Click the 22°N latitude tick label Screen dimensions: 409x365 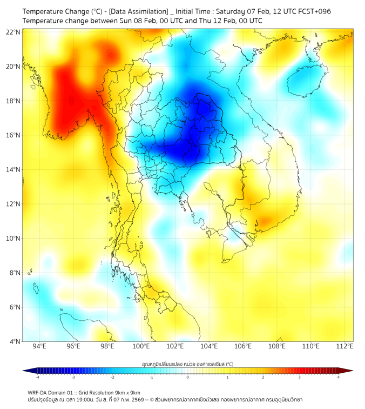point(13,32)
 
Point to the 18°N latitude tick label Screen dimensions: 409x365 point(13,101)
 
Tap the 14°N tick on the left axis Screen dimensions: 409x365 point(13,169)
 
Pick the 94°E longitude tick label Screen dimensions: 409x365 point(39,346)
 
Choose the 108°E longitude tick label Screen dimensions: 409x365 point(277,346)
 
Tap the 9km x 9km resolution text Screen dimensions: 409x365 point(128,392)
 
